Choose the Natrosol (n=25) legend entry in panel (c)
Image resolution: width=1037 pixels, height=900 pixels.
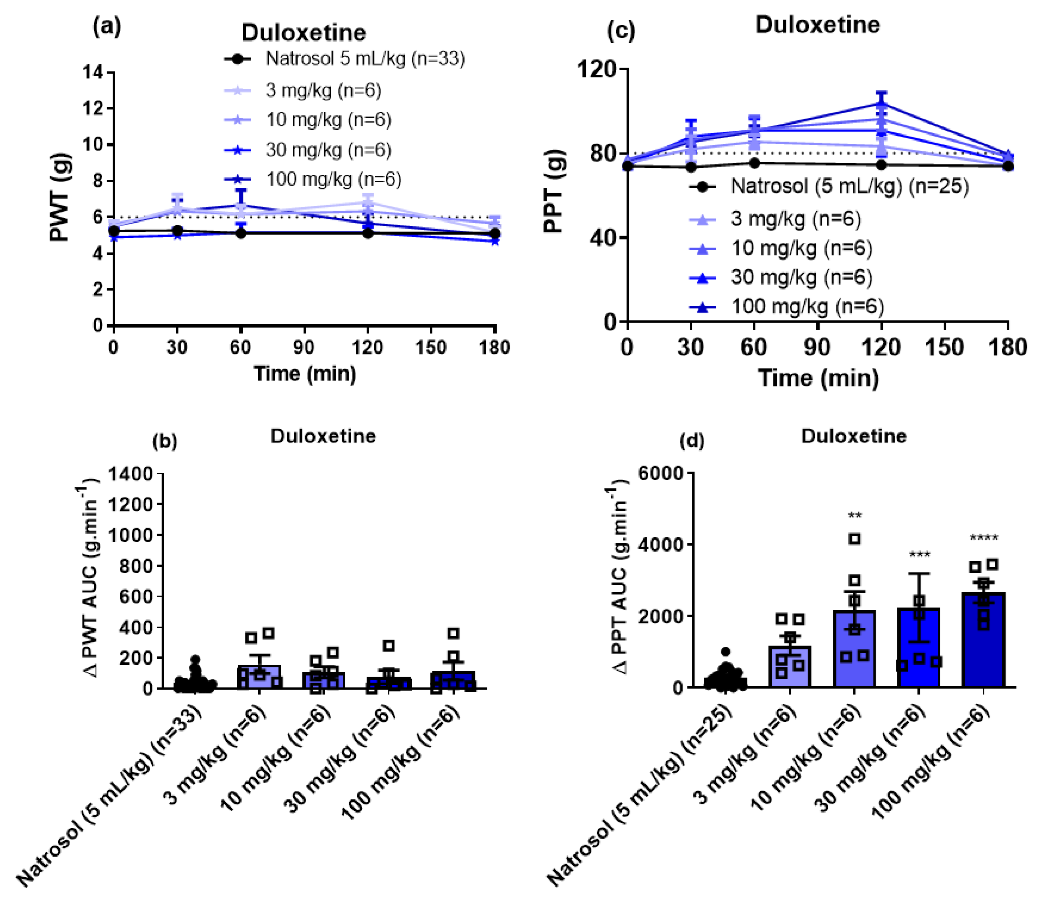click(x=849, y=186)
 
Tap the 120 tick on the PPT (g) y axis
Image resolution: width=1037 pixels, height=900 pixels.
click(x=596, y=69)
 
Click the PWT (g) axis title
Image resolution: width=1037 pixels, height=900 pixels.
click(x=60, y=197)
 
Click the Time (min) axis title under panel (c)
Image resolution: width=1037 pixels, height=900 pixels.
click(x=818, y=378)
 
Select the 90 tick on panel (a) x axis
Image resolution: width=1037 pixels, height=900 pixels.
click(x=304, y=347)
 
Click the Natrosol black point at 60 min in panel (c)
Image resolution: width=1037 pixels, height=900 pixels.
click(x=754, y=163)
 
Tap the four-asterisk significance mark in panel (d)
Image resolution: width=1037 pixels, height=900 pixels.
click(x=983, y=538)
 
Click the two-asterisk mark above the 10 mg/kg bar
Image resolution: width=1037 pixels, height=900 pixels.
click(x=855, y=516)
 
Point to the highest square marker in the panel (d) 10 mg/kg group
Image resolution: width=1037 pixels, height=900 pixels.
click(x=855, y=539)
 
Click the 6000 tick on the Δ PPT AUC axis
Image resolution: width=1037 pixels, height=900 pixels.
click(x=661, y=473)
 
